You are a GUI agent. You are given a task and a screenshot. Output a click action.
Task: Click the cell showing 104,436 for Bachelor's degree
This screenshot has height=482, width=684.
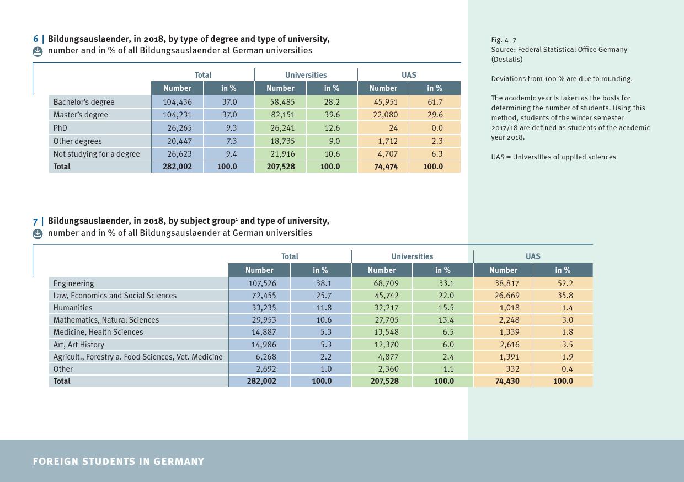tap(177, 102)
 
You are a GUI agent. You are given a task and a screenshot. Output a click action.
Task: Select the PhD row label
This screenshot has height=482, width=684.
tap(60, 128)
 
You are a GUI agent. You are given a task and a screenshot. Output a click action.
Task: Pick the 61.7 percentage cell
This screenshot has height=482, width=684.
tap(435, 102)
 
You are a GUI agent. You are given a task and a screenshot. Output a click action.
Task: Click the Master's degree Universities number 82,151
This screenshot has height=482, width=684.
tap(280, 115)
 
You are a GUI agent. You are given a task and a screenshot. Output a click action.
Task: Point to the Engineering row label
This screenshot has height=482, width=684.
tap(73, 283)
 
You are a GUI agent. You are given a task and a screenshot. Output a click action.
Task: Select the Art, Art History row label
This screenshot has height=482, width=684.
tap(78, 345)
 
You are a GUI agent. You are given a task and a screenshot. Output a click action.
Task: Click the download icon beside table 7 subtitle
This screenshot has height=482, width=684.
tap(38, 233)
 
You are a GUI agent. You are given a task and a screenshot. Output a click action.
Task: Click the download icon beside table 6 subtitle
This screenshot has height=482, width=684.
tap(38, 51)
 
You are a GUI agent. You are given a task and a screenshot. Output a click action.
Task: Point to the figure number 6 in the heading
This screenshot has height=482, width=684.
tap(36, 39)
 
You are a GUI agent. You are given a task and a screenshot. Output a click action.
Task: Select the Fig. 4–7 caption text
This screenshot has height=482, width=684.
tap(504, 40)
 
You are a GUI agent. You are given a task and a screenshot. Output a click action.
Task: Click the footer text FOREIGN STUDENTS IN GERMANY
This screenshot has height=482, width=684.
tap(119, 462)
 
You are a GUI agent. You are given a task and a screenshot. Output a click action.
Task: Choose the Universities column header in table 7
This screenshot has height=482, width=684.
tap(412, 256)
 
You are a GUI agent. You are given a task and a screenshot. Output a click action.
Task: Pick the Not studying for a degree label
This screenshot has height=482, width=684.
tap(97, 154)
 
